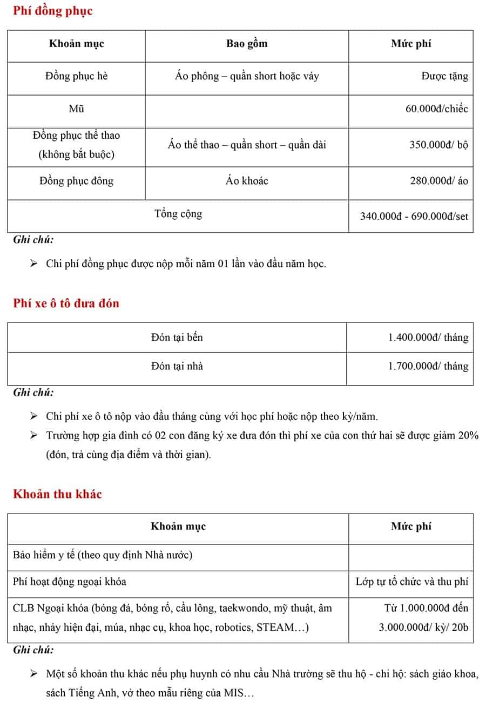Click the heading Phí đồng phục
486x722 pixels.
pos(53,11)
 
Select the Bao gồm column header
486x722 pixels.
pos(247,44)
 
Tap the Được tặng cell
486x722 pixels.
pos(444,77)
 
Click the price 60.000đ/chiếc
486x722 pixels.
pos(436,109)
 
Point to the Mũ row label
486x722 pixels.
pos(76,109)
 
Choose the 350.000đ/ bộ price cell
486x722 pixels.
pos(438,145)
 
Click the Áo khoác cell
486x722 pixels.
pos(247,181)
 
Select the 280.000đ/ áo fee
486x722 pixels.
pos(438,181)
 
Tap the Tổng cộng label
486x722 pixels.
pos(178,214)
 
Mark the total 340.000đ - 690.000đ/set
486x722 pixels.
pos(414,217)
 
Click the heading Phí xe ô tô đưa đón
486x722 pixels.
pos(66,303)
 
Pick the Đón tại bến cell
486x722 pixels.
pos(177,338)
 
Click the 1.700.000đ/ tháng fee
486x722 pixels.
pos(428,366)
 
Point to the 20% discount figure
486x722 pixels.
pos(468,436)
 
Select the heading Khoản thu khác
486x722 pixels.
pos(57,494)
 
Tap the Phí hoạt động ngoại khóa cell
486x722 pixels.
pos(70,582)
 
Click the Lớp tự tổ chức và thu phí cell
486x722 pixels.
pos(411,582)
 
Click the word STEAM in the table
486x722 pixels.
pos(275,627)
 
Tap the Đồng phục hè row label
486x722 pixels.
pos(76,77)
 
